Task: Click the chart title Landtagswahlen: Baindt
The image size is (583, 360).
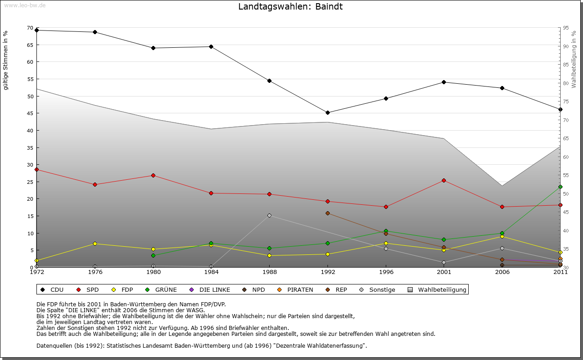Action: (x=291, y=7)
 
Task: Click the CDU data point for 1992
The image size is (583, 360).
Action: (x=327, y=112)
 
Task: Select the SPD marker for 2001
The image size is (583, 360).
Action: (x=444, y=181)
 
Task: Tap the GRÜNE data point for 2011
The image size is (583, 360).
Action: (x=560, y=187)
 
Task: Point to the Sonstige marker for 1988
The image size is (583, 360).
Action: (x=269, y=215)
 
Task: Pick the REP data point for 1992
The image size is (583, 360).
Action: (x=327, y=213)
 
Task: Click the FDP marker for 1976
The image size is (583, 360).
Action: (x=95, y=243)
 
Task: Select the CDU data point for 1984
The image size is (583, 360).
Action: (x=211, y=46)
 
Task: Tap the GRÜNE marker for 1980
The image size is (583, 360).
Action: (x=153, y=255)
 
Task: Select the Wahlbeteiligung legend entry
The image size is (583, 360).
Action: (x=438, y=290)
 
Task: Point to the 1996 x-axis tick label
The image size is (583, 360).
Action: (x=386, y=273)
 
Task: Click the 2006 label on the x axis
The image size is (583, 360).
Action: (x=502, y=273)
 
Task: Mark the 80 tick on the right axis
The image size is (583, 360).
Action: (x=565, y=83)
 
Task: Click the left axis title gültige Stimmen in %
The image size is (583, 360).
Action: (x=6, y=61)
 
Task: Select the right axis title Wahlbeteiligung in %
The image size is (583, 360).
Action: (x=574, y=60)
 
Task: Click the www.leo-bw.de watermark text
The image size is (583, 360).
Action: (x=25, y=5)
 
